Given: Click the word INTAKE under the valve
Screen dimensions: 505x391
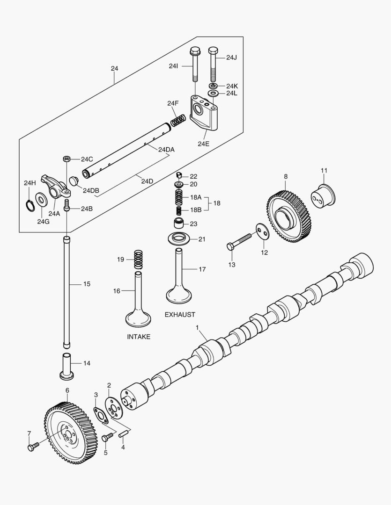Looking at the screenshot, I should click(x=139, y=337).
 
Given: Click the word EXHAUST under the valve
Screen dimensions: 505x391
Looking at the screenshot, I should click(x=180, y=315).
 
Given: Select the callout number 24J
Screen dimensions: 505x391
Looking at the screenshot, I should click(x=231, y=58).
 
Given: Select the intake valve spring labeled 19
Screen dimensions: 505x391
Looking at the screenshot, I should click(x=138, y=260).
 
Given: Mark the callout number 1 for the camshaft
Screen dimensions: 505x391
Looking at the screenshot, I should click(x=198, y=327).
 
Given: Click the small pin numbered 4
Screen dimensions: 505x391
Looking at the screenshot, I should click(x=124, y=434).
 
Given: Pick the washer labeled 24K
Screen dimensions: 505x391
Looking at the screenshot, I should click(x=213, y=87).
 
